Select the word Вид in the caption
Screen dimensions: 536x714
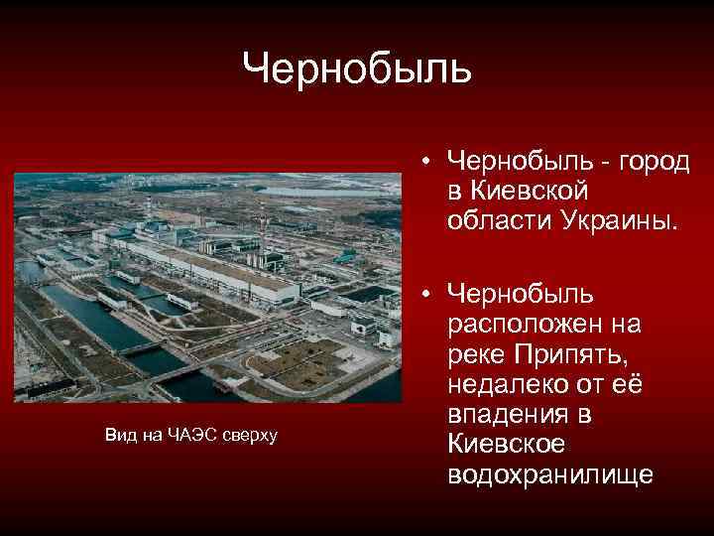coord(116,434)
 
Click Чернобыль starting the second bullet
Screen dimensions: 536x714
coord(521,294)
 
